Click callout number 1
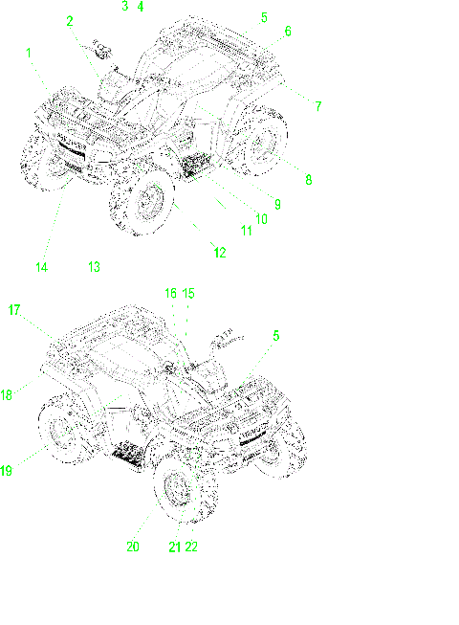coord(29,53)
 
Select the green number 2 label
coord(69,20)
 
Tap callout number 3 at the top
coord(124,7)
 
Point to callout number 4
coord(141,7)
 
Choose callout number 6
coord(287,32)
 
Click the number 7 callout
coord(318,107)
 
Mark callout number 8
coord(309,178)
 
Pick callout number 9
coord(276,203)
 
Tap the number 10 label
coord(260,218)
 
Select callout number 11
coord(246,231)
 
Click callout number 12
coord(220,253)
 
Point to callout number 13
coord(94,267)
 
